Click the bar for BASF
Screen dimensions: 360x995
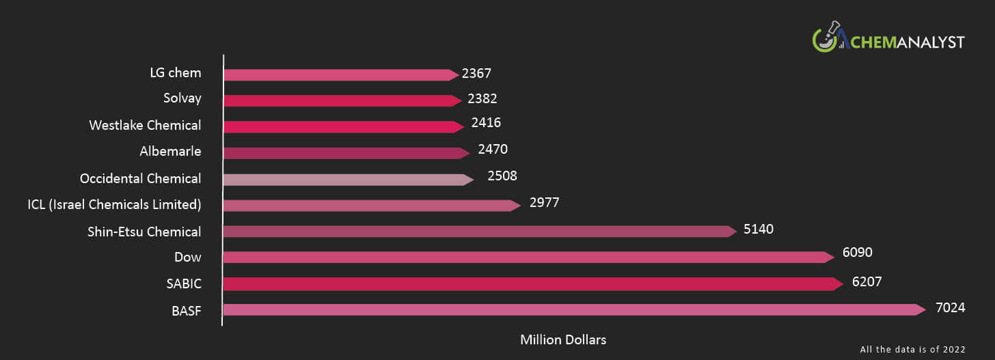click(571, 309)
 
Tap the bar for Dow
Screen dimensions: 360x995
click(526, 258)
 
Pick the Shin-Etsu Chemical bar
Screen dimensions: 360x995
click(478, 232)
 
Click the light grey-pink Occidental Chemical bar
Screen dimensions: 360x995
click(345, 180)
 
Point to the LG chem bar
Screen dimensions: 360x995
click(338, 75)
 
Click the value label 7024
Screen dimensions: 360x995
click(950, 308)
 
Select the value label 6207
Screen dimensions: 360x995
click(868, 281)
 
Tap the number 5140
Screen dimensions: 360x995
click(759, 230)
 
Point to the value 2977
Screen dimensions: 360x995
click(545, 203)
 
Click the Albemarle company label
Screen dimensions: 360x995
click(170, 151)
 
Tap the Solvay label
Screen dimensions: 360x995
click(182, 98)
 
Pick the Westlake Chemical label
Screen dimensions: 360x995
click(145, 125)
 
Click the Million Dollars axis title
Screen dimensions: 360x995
click(563, 340)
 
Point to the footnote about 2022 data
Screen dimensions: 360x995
click(912, 349)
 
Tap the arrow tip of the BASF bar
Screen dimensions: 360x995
click(922, 309)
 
